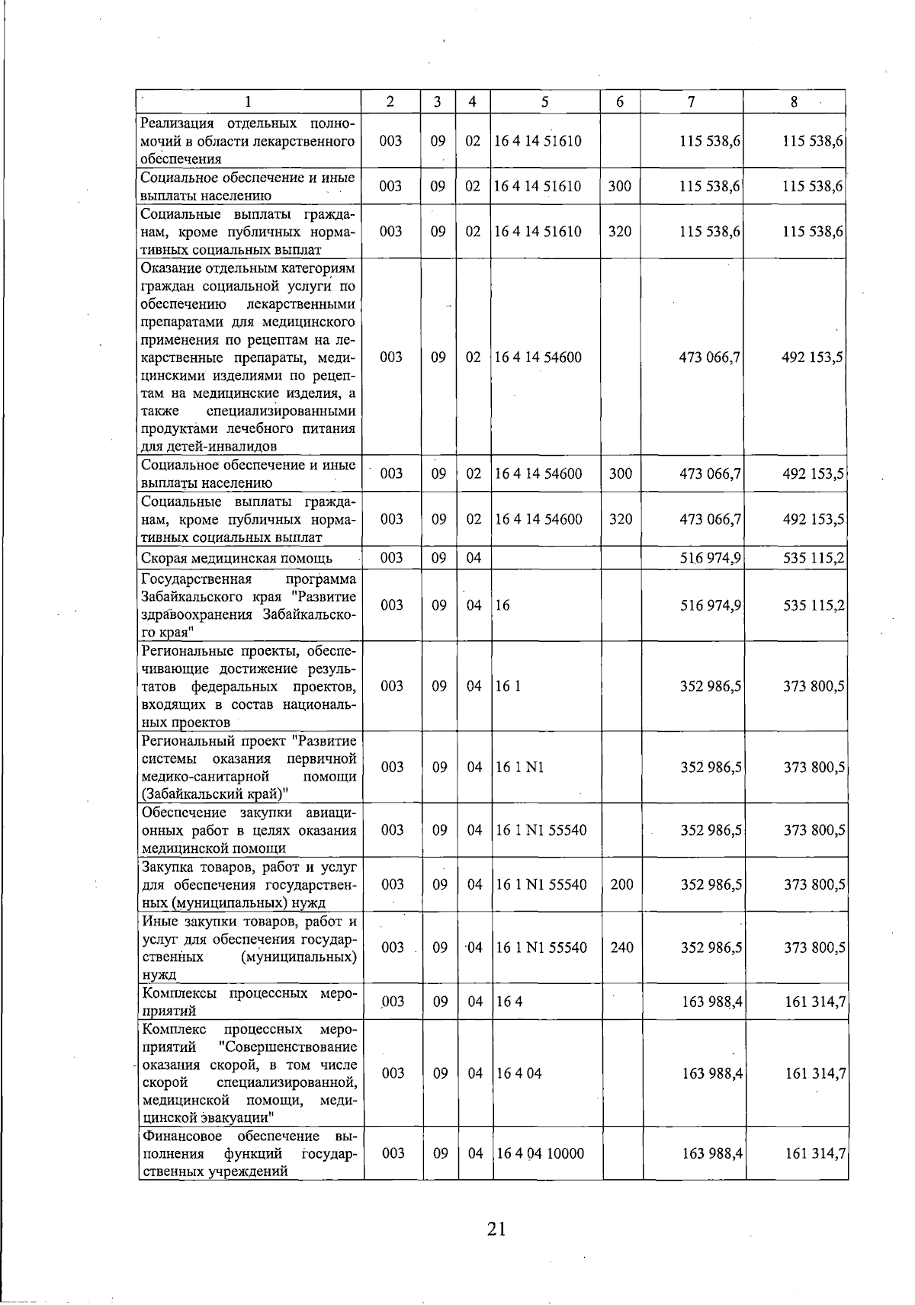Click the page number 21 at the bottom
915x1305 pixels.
[x=496, y=1230]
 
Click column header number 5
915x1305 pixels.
[x=544, y=101]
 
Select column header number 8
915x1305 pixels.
[x=793, y=101]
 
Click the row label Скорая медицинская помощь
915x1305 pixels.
[x=236, y=558]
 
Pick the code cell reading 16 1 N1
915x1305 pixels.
[x=519, y=768]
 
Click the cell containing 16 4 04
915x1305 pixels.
[x=518, y=1073]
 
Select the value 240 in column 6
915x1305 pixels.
[x=621, y=947]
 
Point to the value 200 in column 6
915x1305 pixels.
[x=621, y=884]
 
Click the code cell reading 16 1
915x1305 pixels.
[x=508, y=686]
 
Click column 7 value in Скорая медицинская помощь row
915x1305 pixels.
[x=710, y=558]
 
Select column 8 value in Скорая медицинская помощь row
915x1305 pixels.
[x=814, y=558]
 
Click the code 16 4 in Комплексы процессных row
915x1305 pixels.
[x=509, y=1002]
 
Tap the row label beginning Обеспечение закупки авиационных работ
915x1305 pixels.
[x=249, y=830]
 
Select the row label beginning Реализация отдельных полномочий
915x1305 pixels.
[x=249, y=141]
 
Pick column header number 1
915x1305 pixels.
[x=248, y=101]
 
